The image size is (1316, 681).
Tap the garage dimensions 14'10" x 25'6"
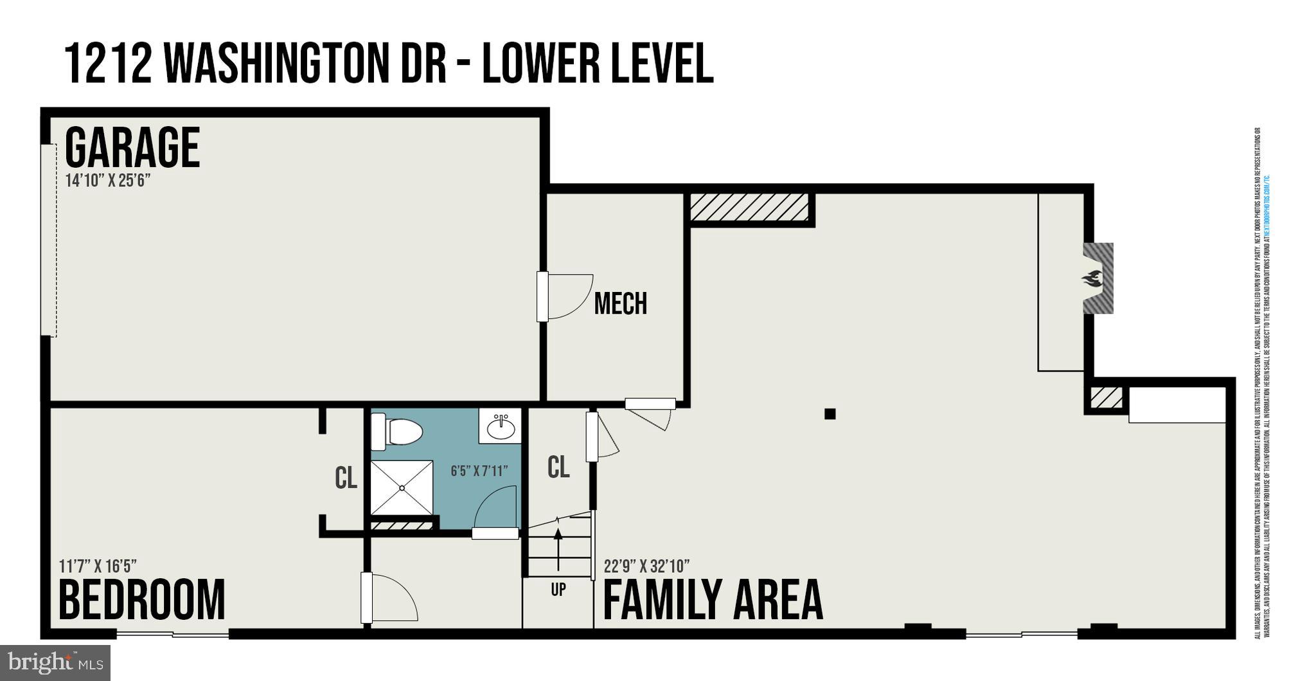pos(107,181)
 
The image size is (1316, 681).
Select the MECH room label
pos(620,304)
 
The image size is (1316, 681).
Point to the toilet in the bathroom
pos(398,431)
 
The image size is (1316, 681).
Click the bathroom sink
pos(501,426)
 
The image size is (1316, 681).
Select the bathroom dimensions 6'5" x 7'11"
pos(479,471)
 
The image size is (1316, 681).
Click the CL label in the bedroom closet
pos(346,478)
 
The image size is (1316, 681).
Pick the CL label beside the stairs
pos(558,468)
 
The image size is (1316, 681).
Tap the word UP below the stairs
pos(558,589)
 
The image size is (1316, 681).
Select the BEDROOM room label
pos(142,599)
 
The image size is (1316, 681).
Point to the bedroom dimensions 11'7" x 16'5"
pos(98,567)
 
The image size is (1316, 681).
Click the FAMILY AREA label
pos(713,599)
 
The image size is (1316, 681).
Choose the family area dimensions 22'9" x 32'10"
pos(646,567)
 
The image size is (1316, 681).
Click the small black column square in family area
pos(830,414)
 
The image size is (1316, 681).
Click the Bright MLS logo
pos(55,662)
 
